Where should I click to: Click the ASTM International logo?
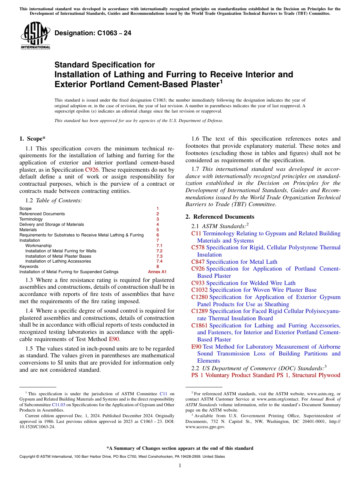[35, 36]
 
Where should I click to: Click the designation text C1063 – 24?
[93, 33]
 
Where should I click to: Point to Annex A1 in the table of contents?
[157, 272]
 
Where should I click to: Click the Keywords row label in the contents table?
[28, 266]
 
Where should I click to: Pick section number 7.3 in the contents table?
[159, 256]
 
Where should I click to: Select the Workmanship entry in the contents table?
[38, 246]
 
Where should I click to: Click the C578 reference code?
[198, 247]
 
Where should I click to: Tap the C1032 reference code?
[199, 290]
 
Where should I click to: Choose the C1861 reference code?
[199, 326]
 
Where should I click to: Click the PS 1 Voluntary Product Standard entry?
[265, 375]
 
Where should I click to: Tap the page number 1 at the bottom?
[180, 466]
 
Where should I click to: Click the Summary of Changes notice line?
[180, 448]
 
